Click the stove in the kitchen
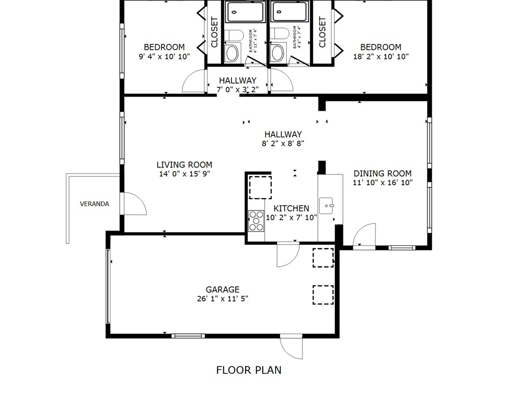257,221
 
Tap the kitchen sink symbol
327,206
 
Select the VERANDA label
95,204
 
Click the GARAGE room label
222,290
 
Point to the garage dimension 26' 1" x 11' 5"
222,299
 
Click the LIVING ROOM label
184,165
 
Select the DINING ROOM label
382,173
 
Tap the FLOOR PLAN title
248,370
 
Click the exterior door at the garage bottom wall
291,347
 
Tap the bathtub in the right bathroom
289,11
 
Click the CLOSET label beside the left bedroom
214,32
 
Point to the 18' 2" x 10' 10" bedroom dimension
381,56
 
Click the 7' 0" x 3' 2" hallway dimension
238,89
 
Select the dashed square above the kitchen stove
260,187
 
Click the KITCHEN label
291,208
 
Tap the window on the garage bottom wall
188,336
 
